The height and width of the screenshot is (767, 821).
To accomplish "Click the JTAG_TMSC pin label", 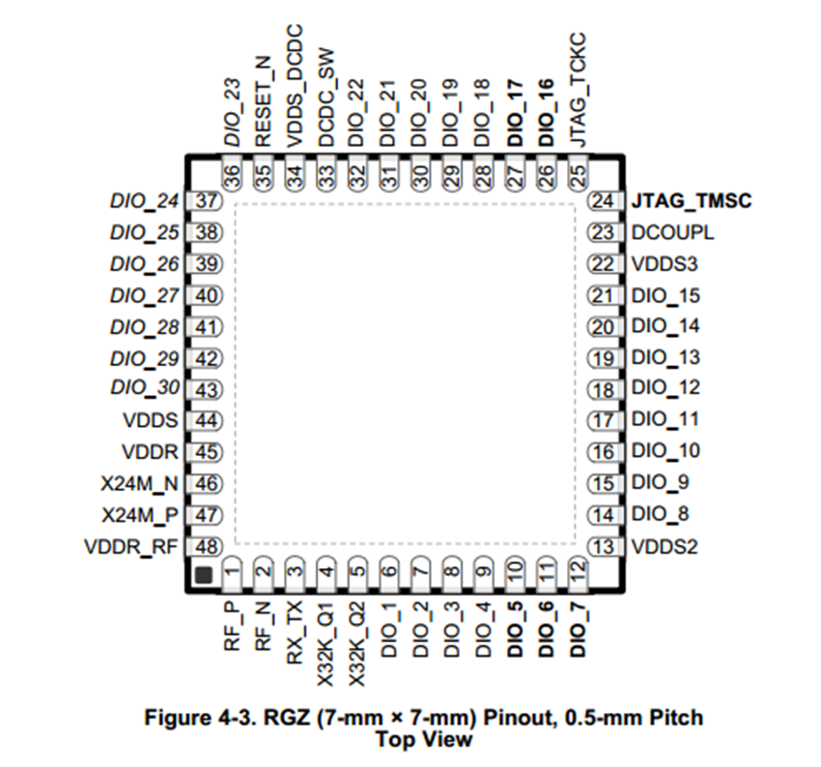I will point(691,202).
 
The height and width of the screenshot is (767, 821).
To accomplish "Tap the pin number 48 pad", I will point(205,546).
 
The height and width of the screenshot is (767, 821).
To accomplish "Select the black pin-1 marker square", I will point(203,576).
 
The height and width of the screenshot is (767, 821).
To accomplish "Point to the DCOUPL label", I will point(672,233).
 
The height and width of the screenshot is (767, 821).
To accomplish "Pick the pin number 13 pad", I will point(605,547).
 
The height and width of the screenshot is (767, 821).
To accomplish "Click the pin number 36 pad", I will point(232,175).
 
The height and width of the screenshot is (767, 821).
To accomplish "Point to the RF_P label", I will point(232,625).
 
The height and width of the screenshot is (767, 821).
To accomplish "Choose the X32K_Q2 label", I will point(357,640).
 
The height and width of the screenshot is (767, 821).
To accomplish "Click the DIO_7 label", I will point(578,629).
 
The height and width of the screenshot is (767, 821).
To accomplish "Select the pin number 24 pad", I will point(605,202).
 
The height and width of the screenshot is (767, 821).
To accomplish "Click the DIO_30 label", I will point(145,389).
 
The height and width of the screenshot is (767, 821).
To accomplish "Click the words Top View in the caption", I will point(425,739).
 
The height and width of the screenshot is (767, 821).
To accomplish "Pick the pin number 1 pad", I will point(232,574).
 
